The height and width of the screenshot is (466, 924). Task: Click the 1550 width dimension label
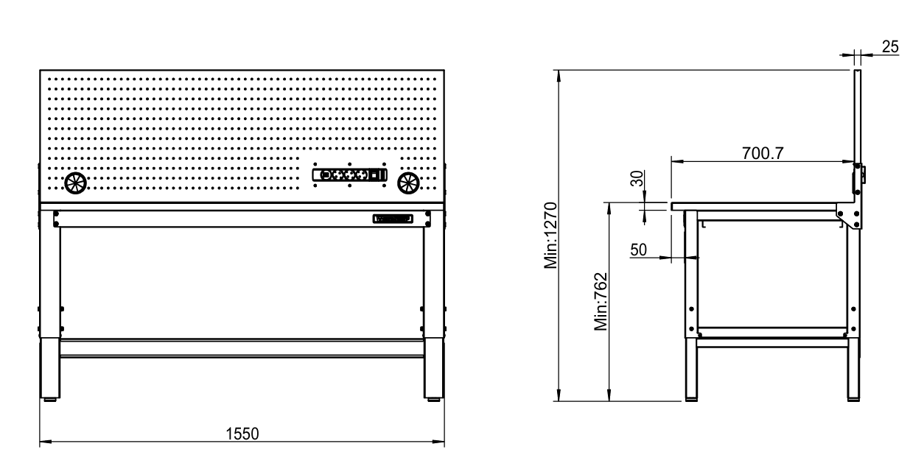242,433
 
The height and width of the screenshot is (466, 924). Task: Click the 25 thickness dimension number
889,46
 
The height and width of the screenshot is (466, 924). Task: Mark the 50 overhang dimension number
638,250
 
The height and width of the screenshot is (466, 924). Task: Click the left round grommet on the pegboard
74,183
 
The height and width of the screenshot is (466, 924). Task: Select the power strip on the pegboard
349,175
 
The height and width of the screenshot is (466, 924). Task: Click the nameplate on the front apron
392,218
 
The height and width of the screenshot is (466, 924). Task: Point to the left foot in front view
51,400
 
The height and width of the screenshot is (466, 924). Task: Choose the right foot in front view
433,400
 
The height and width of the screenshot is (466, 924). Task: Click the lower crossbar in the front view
242,348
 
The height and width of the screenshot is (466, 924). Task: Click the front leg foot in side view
691,399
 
